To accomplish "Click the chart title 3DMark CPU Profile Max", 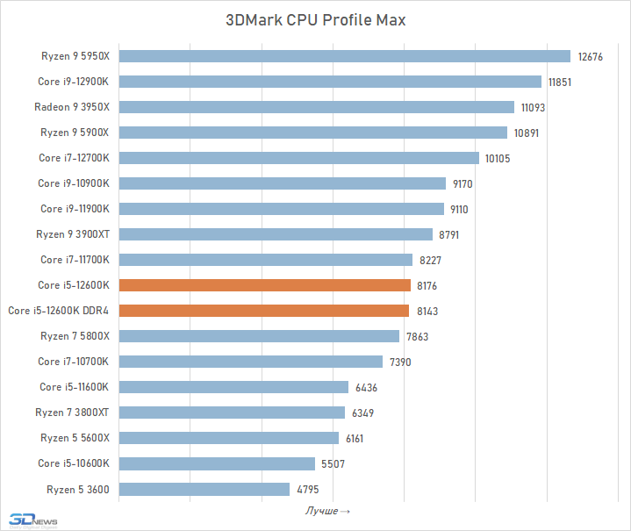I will (316, 19).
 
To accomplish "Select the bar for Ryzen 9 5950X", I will (344, 56).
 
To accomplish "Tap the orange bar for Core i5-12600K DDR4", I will (263, 311).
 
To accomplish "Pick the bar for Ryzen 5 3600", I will (204, 489).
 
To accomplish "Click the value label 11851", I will (560, 82).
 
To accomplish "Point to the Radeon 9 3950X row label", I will (72, 107).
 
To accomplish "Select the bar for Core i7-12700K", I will (298, 158).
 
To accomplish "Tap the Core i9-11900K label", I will (75, 209).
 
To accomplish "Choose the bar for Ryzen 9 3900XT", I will (276, 234).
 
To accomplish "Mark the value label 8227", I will (430, 260).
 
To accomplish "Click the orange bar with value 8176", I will (264, 285).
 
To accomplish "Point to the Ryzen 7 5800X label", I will (75, 336).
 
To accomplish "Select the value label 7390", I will (400, 362).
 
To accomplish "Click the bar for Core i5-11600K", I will (233, 387).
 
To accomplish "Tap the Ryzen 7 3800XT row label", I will (72, 413).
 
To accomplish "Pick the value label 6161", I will (356, 438).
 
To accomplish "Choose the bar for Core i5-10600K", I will (217, 463).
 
